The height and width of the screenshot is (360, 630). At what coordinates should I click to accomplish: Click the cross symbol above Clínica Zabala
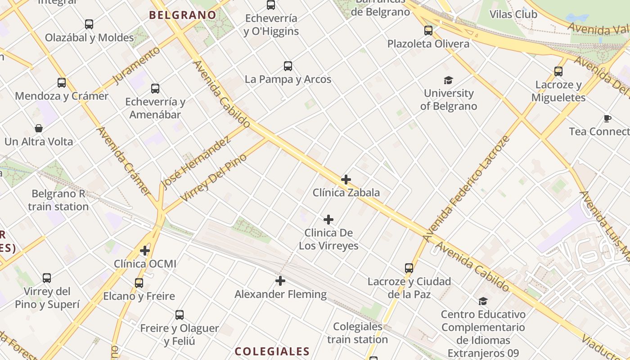(346, 180)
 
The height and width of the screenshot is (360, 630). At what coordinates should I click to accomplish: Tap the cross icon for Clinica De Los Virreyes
(328, 220)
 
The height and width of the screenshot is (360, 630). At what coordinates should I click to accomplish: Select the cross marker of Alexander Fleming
(280, 281)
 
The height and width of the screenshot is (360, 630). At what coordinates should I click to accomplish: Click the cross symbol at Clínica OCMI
(145, 250)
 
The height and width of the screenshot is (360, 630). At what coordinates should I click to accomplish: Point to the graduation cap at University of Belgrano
(448, 81)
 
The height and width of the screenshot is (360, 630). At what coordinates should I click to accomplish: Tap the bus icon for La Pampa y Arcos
(288, 66)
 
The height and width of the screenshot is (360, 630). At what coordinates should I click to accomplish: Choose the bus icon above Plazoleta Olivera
(428, 31)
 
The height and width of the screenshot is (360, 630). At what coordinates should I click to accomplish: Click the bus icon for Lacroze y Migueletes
(558, 71)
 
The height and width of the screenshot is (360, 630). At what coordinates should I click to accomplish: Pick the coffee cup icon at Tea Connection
(607, 119)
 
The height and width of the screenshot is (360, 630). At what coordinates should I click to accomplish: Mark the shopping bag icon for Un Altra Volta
(39, 128)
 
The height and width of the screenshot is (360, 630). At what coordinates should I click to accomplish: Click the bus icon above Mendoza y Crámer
(62, 83)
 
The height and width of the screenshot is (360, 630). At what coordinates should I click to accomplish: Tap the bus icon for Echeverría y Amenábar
(155, 89)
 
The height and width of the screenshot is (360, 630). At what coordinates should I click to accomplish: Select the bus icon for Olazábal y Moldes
(89, 24)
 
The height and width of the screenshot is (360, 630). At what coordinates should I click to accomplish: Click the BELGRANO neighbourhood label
(183, 15)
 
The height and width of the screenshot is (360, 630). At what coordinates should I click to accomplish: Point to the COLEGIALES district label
(272, 351)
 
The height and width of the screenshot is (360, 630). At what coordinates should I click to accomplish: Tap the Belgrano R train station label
(58, 200)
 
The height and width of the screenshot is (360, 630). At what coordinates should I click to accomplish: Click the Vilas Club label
(513, 14)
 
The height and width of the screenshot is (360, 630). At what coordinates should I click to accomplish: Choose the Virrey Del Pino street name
(214, 177)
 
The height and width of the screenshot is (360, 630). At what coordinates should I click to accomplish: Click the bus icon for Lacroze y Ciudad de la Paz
(409, 268)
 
